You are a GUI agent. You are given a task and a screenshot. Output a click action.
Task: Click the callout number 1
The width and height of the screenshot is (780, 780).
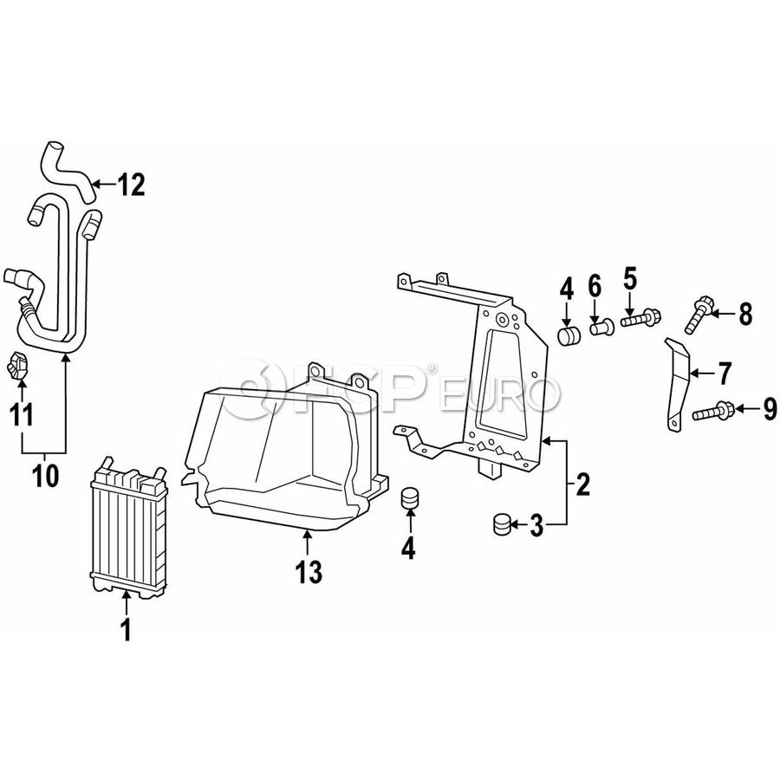(127, 630)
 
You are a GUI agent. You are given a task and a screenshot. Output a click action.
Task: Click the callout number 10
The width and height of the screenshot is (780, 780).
(45, 476)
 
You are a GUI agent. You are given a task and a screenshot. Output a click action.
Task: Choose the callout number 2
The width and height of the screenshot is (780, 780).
(582, 484)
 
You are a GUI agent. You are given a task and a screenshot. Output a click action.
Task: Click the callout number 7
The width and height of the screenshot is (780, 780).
(725, 374)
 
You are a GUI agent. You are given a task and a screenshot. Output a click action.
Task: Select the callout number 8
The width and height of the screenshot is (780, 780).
(745, 314)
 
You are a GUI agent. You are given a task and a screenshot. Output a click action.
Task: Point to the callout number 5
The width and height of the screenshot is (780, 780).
(629, 279)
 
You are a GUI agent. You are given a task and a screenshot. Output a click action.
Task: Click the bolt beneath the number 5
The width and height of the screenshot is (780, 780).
(636, 320)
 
